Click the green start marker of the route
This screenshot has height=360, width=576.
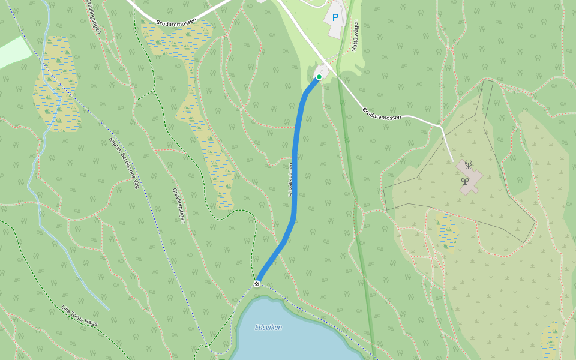pyautogui.click(x=319, y=77)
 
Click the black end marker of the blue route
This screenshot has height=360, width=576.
pyautogui.click(x=257, y=283)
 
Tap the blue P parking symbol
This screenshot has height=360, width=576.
pyautogui.click(x=335, y=17)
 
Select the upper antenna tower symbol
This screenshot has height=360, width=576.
pyautogui.click(x=469, y=164)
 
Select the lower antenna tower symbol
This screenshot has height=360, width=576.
pyautogui.click(x=464, y=181)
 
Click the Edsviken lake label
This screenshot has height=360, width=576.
pyautogui.click(x=268, y=327)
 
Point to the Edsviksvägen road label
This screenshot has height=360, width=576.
pyautogui.click(x=291, y=179)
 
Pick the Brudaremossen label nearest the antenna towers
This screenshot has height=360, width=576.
pyautogui.click(x=382, y=113)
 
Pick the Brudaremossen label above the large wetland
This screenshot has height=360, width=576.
pyautogui.click(x=176, y=22)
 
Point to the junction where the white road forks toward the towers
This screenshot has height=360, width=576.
pyautogui.click(x=442, y=126)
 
